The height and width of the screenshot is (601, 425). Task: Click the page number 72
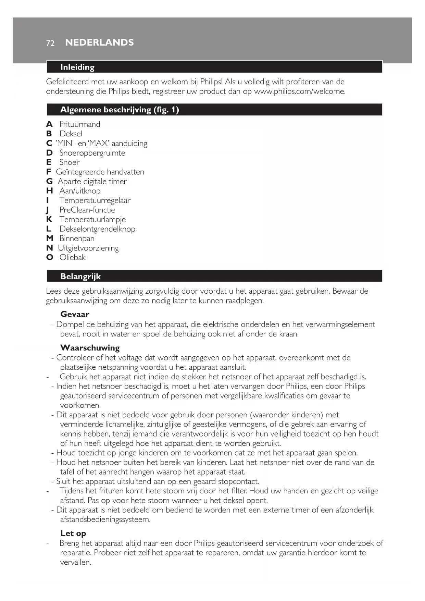50,43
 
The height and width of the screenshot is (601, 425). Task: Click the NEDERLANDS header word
99,42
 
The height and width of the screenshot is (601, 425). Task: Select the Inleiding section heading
77,67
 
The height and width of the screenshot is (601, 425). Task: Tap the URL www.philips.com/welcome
299,91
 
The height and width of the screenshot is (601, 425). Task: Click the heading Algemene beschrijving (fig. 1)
120,110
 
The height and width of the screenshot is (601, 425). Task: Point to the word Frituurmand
80,124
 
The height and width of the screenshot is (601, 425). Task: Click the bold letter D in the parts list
49,153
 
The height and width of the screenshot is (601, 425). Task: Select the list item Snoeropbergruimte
92,153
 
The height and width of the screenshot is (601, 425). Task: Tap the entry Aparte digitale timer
92,181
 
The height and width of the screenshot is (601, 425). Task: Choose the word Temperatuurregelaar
95,200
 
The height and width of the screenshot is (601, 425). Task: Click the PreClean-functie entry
87,210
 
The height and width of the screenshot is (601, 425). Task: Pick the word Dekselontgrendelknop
97,229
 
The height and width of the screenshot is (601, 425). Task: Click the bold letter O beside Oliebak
50,257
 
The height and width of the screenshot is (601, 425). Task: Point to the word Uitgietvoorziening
88,248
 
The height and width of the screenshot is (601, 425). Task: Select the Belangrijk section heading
80,277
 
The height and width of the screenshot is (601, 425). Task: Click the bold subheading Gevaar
75,314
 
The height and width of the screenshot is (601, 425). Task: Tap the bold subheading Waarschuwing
90,348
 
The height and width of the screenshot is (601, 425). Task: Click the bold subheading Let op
73,533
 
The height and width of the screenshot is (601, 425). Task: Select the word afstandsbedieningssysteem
105,519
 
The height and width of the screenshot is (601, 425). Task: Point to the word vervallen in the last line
75,562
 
